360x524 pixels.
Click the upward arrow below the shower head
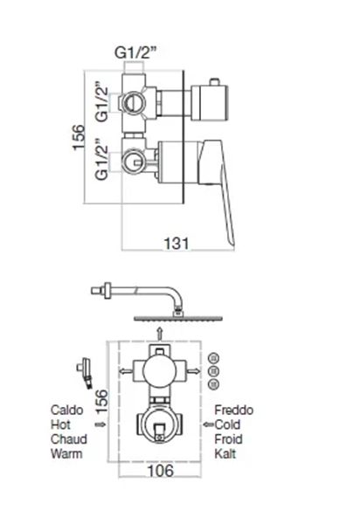click(x=162, y=331)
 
